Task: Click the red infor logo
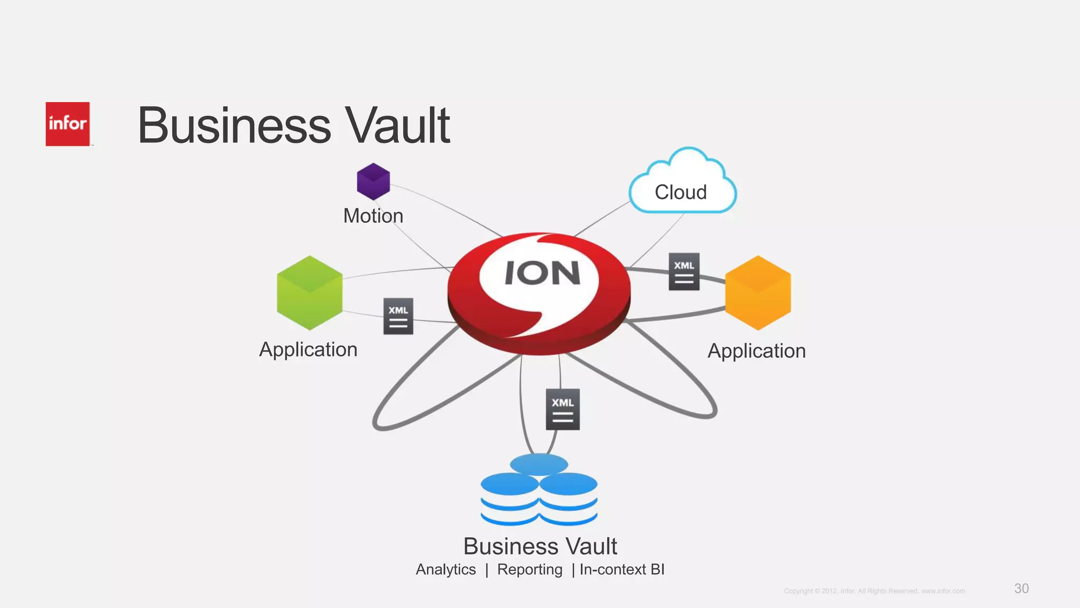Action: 67,124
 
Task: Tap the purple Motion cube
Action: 373,182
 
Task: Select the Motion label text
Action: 373,216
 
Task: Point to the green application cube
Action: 310,293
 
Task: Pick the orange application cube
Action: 758,293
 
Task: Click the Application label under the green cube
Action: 308,349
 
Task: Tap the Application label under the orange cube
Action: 757,351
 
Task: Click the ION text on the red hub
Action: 542,273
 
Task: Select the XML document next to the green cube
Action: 398,316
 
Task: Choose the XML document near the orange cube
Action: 684,271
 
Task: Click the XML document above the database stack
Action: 563,409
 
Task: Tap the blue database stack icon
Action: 539,491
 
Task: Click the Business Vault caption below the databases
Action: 540,546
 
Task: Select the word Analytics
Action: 446,569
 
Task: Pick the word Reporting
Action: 529,569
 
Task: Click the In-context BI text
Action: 622,569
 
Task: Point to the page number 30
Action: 1021,588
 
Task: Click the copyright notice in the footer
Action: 874,591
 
